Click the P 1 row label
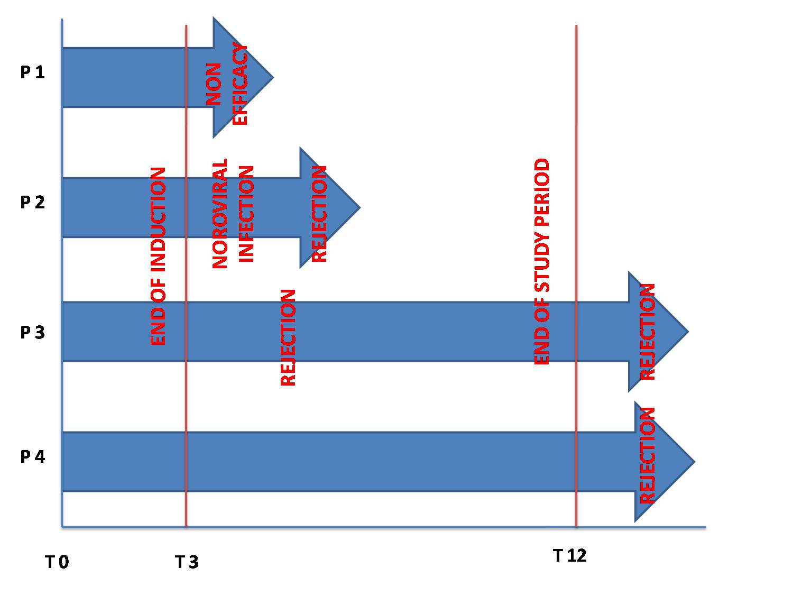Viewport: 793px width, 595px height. click(x=33, y=72)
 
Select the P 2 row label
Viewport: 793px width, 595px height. click(x=33, y=202)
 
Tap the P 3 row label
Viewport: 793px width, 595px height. click(x=33, y=332)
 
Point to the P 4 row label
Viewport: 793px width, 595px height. click(x=33, y=456)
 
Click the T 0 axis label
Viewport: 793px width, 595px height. click(x=57, y=562)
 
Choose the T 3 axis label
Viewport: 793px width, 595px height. click(x=187, y=562)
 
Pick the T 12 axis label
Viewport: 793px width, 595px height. click(x=570, y=556)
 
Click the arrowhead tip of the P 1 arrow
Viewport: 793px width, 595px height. click(x=273, y=77)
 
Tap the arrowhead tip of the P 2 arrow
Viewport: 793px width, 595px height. click(x=360, y=207)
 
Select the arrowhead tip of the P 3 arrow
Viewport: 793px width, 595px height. click(x=689, y=331)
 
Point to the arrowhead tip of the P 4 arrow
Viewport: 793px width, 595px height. click(x=695, y=461)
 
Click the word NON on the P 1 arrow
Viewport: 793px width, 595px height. click(x=214, y=84)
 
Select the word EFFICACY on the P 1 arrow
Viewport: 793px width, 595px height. click(x=239, y=84)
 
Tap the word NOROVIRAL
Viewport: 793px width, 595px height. click(x=219, y=214)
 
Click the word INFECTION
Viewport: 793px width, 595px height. click(x=246, y=214)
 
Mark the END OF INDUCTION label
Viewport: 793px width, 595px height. click(x=158, y=256)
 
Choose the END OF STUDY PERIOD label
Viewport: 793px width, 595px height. click(x=541, y=261)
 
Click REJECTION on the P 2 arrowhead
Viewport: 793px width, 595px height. click(x=319, y=214)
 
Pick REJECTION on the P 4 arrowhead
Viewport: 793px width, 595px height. click(x=647, y=455)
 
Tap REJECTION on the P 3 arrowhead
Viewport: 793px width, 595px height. click(x=647, y=332)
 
